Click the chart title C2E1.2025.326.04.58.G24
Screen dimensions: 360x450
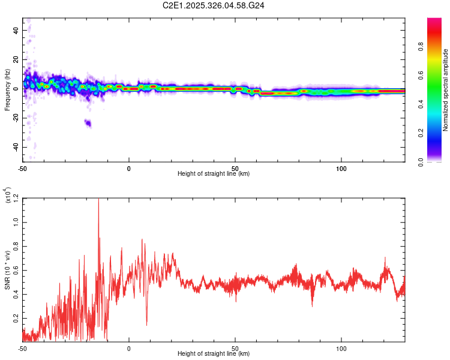pos(214,6)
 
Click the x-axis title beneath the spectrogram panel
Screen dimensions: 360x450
pos(214,174)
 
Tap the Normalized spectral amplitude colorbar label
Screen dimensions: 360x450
pos(445,90)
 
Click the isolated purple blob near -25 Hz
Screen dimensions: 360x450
pos(88,123)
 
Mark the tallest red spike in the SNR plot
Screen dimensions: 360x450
pos(98,200)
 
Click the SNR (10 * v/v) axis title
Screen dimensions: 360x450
pos(7,270)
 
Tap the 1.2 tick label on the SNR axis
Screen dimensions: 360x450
pos(16,197)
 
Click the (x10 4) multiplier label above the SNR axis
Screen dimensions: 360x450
pos(7,196)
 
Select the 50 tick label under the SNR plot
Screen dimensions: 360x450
pos(235,348)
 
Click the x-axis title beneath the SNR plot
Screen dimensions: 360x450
pos(214,354)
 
